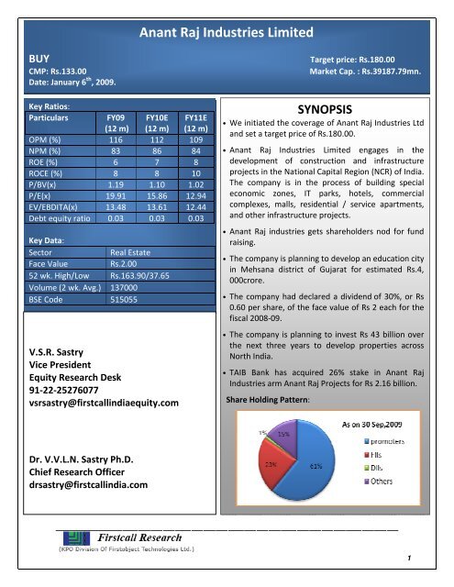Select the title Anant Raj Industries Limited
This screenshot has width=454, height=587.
(227, 34)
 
